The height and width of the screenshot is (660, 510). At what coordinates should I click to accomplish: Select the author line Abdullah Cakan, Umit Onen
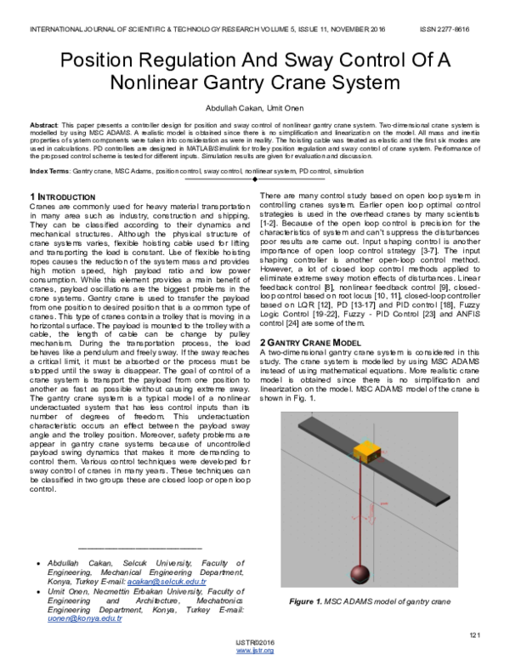(254, 109)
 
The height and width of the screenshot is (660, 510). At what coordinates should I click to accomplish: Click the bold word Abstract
(44, 124)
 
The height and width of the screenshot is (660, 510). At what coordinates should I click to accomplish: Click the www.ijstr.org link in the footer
(254, 651)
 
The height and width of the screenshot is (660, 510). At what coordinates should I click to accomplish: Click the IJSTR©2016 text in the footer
(254, 643)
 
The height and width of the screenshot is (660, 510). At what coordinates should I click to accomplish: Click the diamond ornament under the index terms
(255, 180)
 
